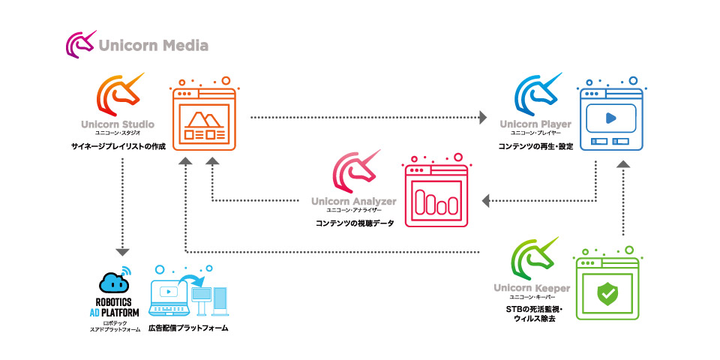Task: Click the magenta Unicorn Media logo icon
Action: [80, 45]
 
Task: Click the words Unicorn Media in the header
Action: [153, 46]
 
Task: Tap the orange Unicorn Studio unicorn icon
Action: [118, 94]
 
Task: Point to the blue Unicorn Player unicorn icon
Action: [536, 94]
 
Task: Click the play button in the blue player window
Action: [610, 118]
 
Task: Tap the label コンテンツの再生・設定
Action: [535, 146]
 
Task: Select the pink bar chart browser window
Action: [436, 195]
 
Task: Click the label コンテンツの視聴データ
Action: [352, 224]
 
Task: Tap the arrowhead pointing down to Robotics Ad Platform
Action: [122, 252]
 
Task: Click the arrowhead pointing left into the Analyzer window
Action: [486, 200]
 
